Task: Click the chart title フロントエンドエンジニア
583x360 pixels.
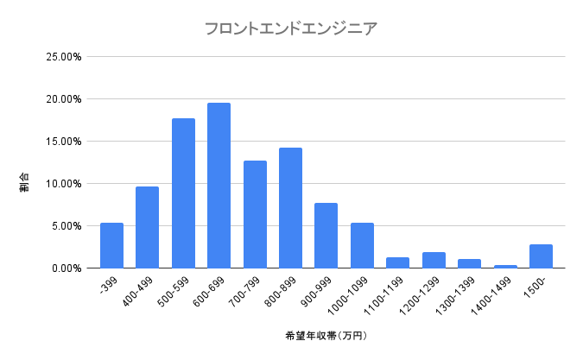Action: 290,28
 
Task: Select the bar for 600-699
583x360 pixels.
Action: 219,186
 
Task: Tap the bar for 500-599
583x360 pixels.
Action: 183,193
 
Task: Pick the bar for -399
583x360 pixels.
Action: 111,245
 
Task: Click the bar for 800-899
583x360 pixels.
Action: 290,208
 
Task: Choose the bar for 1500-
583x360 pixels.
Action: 541,256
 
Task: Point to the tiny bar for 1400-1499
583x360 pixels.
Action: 505,266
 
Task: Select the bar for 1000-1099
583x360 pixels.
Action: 362,245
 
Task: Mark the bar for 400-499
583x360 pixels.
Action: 147,227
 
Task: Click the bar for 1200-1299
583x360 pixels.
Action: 434,260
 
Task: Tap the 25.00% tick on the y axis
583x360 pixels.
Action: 63,57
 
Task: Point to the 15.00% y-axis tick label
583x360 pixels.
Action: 63,142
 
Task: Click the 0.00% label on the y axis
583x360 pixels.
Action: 66,268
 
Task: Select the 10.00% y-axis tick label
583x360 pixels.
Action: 63,184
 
